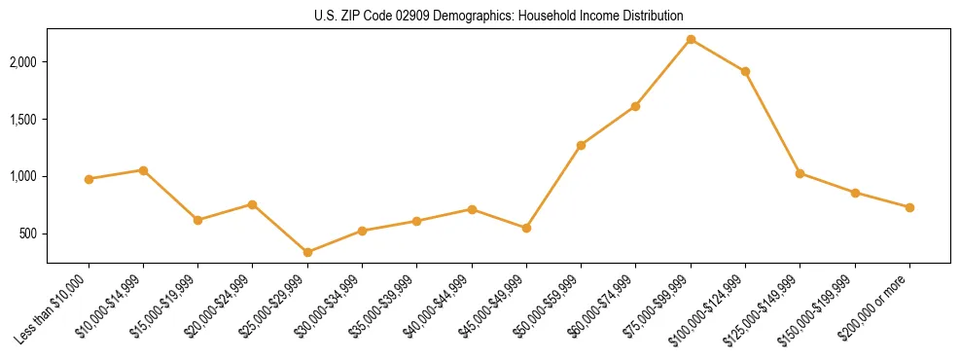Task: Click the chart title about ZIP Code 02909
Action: click(499, 16)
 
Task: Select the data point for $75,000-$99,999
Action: click(691, 39)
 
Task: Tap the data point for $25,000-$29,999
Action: click(307, 252)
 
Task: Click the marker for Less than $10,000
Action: click(89, 179)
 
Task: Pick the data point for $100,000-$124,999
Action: click(745, 71)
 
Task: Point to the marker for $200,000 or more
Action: click(909, 207)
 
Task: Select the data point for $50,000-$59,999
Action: click(581, 145)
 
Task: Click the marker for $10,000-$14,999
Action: click(143, 170)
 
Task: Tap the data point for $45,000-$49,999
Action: click(526, 228)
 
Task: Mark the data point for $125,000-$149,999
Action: click(800, 173)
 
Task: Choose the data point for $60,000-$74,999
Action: click(635, 106)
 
